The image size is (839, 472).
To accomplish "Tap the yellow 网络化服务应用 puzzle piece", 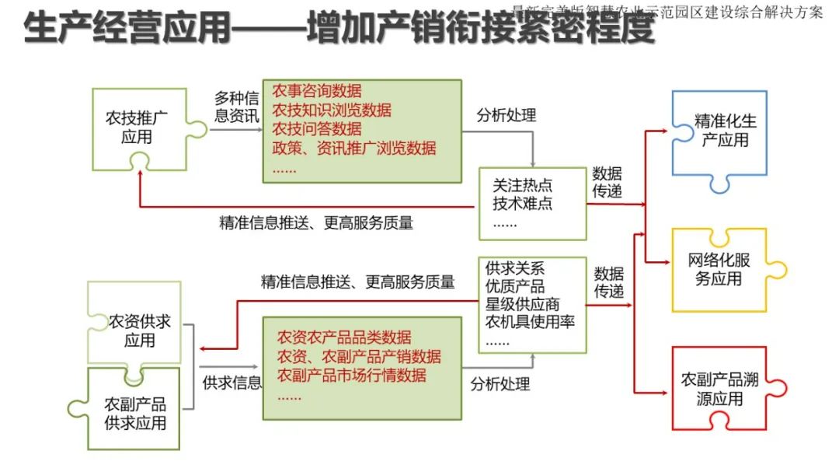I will click(719, 268).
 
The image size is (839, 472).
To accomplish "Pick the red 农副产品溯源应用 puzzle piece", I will click(719, 389).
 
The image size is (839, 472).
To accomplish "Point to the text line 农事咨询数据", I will click(317, 92).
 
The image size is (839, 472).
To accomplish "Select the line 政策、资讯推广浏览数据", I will click(354, 148).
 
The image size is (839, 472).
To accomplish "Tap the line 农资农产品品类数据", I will click(344, 338).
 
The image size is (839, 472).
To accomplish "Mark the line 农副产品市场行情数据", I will click(352, 376).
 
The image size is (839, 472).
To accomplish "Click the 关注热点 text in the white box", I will click(523, 186).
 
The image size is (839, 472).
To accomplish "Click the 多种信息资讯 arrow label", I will click(236, 107).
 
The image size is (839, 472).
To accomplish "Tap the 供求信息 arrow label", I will click(232, 383).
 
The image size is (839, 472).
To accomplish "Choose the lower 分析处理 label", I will click(500, 383).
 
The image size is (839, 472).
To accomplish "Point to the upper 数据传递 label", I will click(607, 182).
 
